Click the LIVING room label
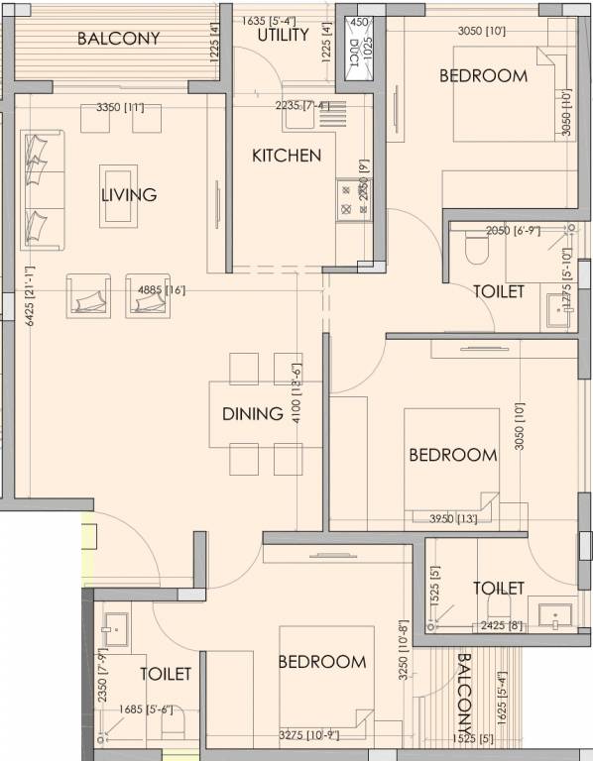tap(129, 195)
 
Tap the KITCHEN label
tap(286, 156)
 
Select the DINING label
tap(253, 414)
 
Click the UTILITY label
tap(284, 36)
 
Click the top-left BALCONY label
tap(118, 40)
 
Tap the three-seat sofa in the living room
tap(40, 189)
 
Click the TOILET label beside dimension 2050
tap(497, 292)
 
